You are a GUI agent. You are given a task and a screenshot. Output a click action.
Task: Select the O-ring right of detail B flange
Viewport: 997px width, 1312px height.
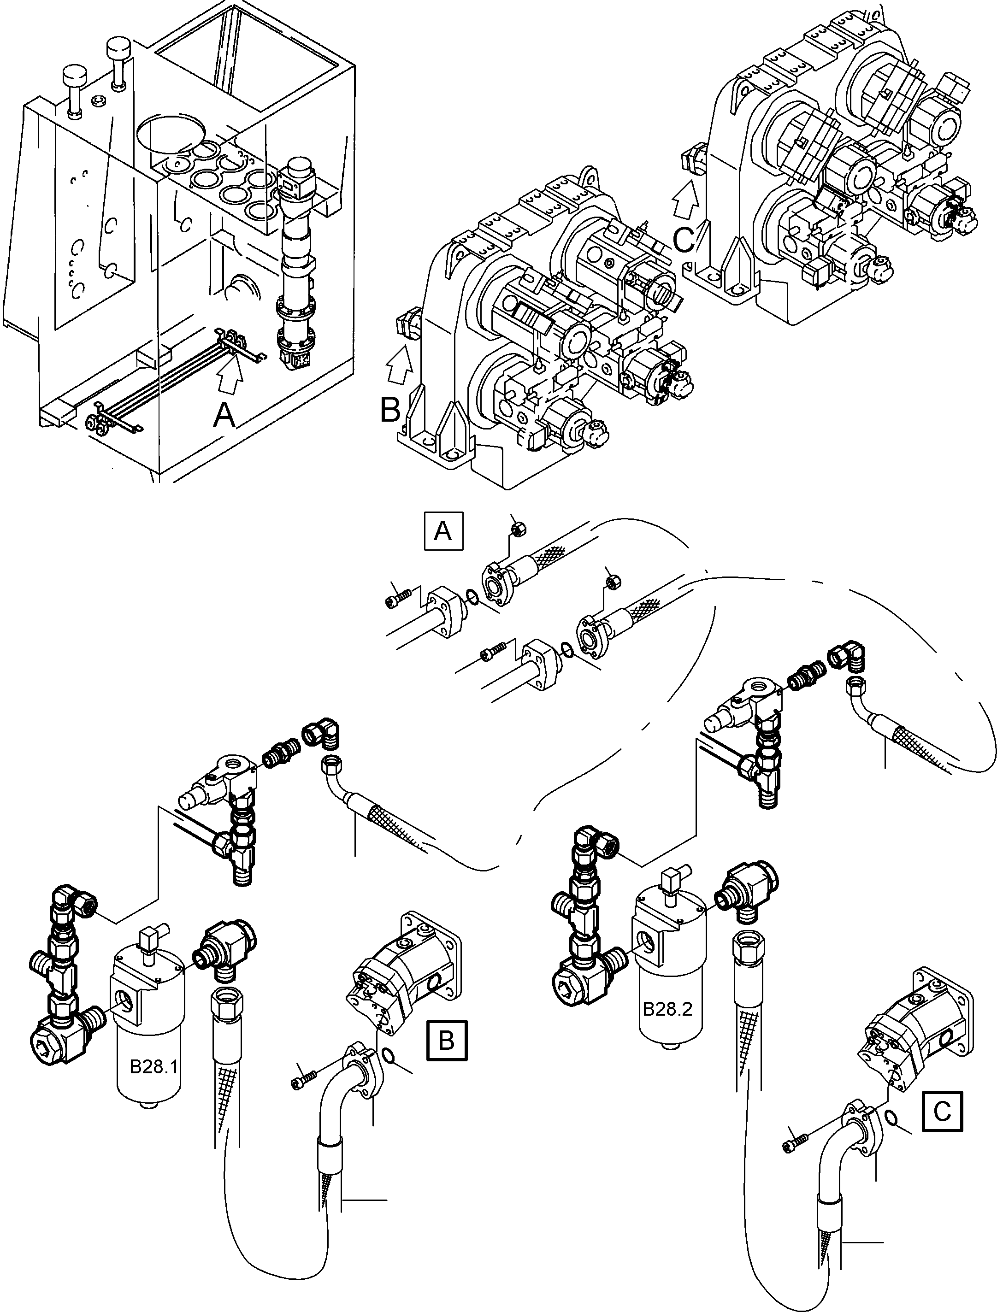point(388,1054)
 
